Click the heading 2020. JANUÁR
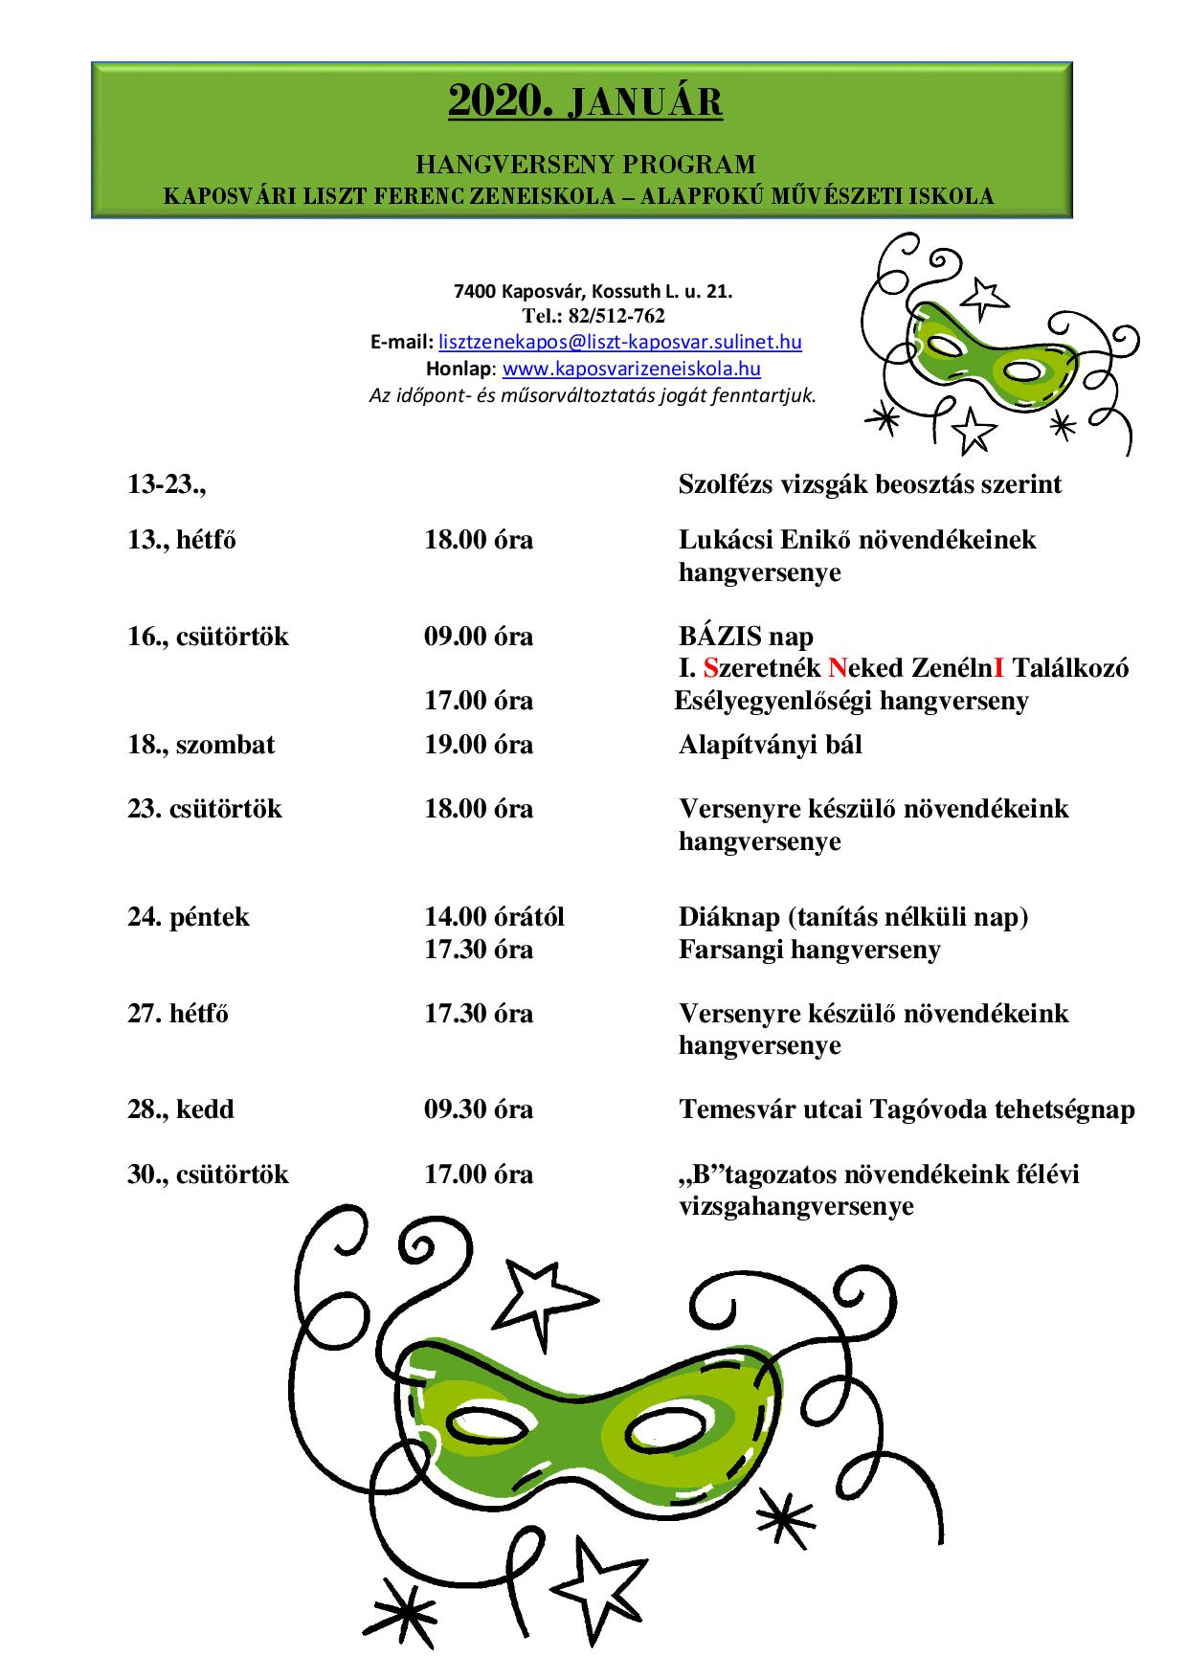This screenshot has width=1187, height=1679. pyautogui.click(x=585, y=102)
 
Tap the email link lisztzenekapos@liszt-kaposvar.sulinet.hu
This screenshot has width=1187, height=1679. pyautogui.click(x=619, y=342)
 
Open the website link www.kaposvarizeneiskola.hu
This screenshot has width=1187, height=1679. pyautogui.click(x=631, y=369)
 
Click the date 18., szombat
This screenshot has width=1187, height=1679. pyautogui.click(x=201, y=745)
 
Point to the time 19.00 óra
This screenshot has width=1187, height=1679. pyautogui.click(x=479, y=745)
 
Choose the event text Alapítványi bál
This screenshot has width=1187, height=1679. pyautogui.click(x=771, y=745)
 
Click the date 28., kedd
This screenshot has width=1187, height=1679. pyautogui.click(x=181, y=1109)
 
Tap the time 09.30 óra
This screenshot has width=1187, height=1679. pyautogui.click(x=479, y=1109)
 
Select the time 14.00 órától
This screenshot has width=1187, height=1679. pyautogui.click(x=494, y=917)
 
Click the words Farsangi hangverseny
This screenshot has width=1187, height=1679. pyautogui.click(x=810, y=950)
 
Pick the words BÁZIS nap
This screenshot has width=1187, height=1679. pyautogui.click(x=746, y=637)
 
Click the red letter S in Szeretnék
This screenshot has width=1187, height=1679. pyautogui.click(x=710, y=668)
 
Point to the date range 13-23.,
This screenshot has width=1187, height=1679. pyautogui.click(x=167, y=484)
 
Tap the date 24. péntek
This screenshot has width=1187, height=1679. pyautogui.click(x=189, y=917)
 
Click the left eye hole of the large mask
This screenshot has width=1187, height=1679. pyautogui.click(x=484, y=1421)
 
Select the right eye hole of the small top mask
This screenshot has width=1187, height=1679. pyautogui.click(x=1025, y=370)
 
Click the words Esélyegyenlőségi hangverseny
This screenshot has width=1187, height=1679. pyautogui.click(x=851, y=701)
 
